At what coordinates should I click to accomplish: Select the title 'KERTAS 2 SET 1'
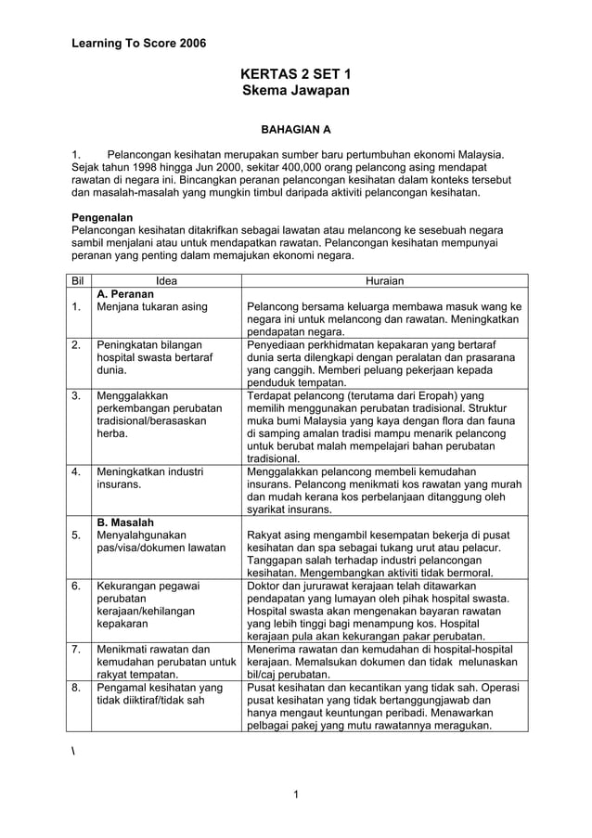coord(295,74)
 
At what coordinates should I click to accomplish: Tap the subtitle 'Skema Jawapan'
coord(295,92)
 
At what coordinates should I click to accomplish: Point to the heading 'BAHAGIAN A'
coord(295,130)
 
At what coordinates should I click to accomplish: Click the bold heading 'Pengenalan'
coord(102,216)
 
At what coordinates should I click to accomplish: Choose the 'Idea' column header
coord(166,280)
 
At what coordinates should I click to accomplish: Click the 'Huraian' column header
coord(384,280)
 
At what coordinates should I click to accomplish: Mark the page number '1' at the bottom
coord(295,793)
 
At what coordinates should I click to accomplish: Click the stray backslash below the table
coord(74,749)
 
